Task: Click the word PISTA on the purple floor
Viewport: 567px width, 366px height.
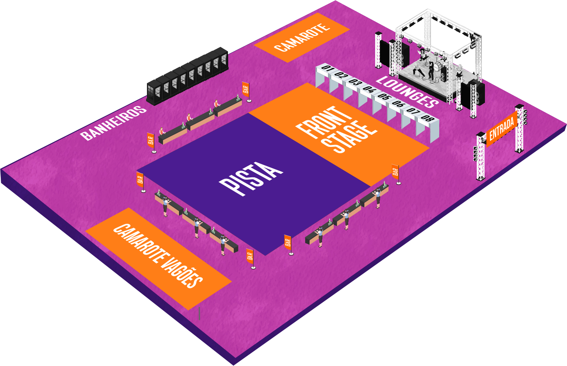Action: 250,178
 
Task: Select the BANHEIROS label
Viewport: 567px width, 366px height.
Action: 113,123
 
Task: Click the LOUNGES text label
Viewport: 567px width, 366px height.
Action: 407,92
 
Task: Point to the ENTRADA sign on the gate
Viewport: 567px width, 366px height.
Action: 502,129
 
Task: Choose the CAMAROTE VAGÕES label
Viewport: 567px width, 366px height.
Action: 158,255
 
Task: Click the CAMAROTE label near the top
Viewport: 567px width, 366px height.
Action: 302,37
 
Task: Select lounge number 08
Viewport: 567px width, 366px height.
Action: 427,118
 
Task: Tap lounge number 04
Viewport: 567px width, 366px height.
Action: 369,89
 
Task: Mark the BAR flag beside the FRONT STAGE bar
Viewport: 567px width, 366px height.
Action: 395,172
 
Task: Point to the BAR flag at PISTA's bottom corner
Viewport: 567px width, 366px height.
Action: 288,243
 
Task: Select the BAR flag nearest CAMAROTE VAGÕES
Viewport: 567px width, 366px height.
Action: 250,256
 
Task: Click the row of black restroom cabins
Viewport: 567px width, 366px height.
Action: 188,77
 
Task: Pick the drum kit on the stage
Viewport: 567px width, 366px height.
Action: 440,66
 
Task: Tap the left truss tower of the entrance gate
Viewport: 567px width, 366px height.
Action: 480,156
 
